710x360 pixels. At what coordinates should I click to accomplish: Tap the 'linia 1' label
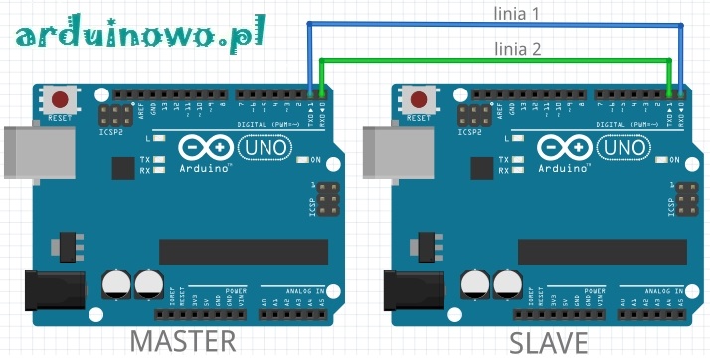pos(518,14)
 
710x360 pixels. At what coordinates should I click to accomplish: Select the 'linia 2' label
pos(518,48)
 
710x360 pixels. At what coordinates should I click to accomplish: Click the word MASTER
pos(184,341)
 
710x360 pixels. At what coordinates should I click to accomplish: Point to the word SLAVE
pos(548,342)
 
